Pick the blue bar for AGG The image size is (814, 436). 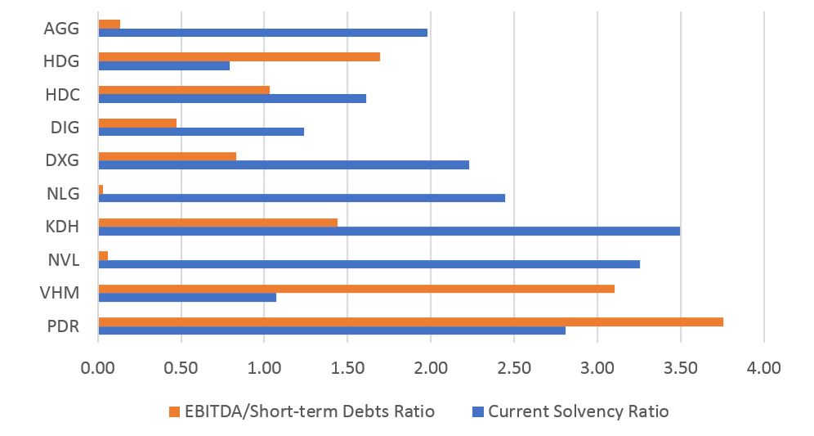[x=262, y=33]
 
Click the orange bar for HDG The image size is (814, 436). [x=239, y=56]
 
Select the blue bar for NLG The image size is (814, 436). [x=302, y=198]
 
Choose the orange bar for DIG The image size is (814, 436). [x=137, y=123]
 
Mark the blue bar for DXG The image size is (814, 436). [x=284, y=164]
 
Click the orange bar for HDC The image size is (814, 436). [x=184, y=89]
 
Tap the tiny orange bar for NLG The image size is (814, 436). [x=101, y=189]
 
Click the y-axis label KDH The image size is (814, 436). [x=63, y=227]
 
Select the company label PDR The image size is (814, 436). [x=63, y=326]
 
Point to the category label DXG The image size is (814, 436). [x=63, y=160]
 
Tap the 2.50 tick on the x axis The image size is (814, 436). [x=514, y=367]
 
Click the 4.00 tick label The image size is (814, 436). [x=763, y=367]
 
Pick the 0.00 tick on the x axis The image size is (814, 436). [x=98, y=367]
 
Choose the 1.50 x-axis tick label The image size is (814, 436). [x=347, y=367]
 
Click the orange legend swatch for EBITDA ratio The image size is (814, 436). [x=172, y=411]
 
